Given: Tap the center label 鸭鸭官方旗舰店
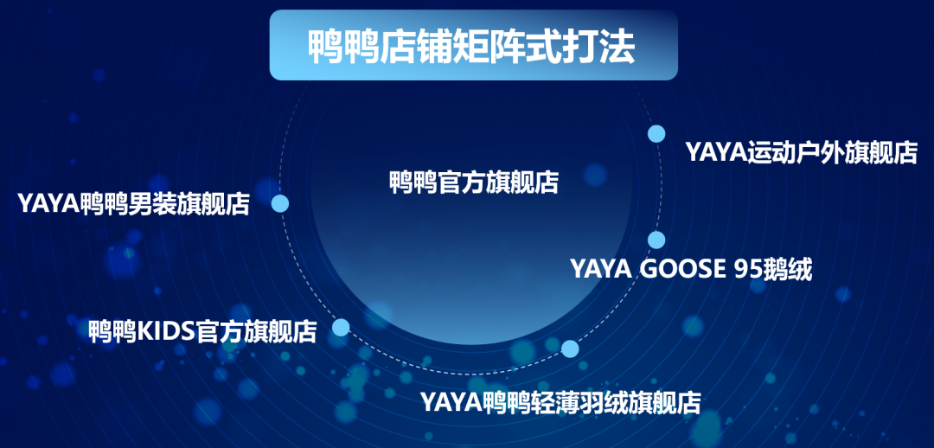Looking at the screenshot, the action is point(474,182).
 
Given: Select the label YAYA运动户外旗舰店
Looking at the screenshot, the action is point(801,152).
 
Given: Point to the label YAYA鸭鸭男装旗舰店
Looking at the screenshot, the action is point(133,204).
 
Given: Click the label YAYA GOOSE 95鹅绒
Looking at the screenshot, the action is point(692,269).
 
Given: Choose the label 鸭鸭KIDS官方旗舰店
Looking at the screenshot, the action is point(202,331).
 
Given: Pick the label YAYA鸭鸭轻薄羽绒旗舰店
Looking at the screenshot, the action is point(560,402).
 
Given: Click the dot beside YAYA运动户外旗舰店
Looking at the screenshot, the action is point(656,133).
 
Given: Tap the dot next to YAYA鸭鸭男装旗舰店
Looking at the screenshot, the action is point(280,204).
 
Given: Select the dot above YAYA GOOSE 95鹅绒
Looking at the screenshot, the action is point(656,240).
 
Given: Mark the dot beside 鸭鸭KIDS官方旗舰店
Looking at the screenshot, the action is point(341,327).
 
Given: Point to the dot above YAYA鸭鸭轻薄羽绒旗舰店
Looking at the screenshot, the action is point(570,349).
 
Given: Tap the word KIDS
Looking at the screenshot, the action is point(166,331).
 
